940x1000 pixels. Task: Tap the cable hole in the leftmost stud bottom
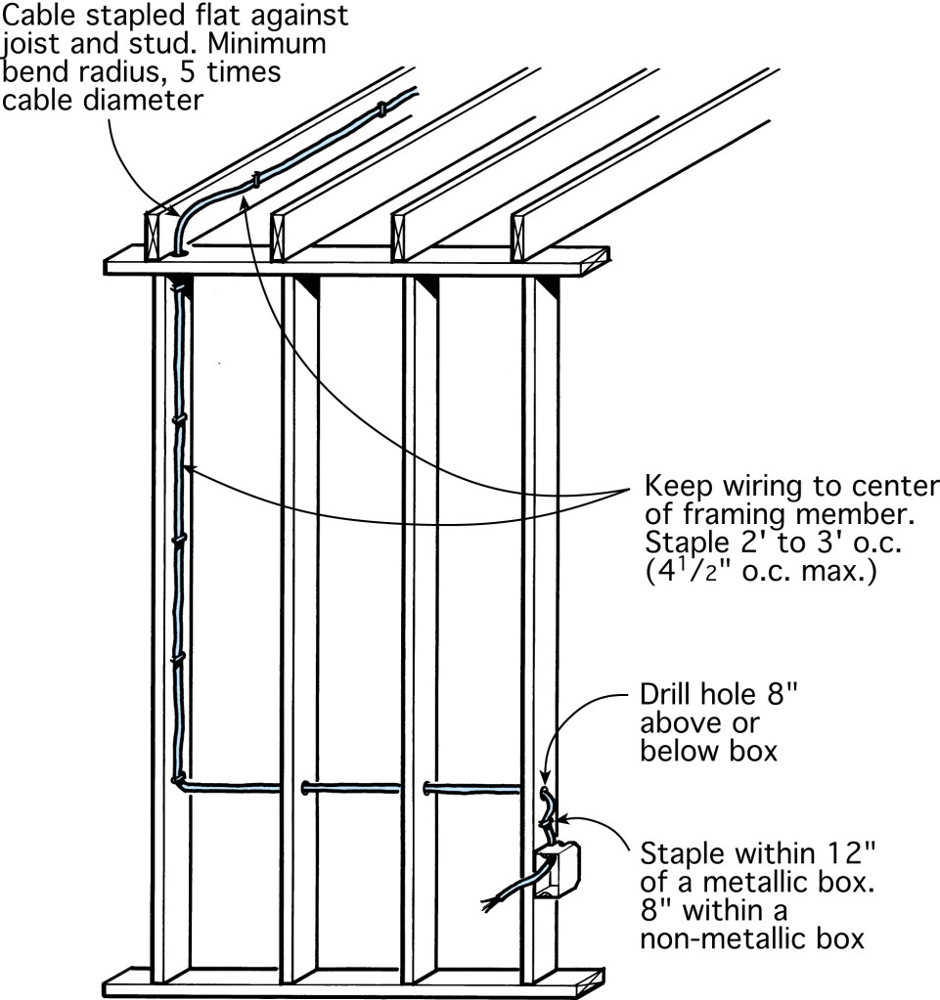pyautogui.click(x=177, y=780)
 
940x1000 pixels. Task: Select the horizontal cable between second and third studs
pyautogui.click(x=352, y=785)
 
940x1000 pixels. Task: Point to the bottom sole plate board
pyautogui.click(x=342, y=982)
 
